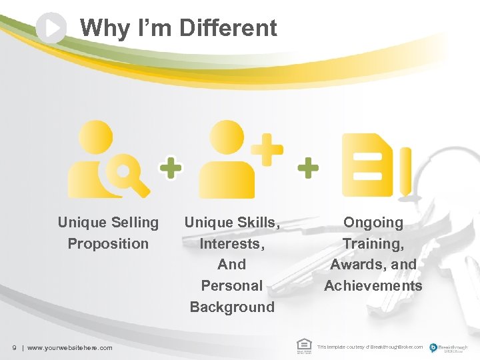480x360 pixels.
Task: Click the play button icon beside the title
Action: click(51, 28)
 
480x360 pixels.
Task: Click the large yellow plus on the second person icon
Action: click(267, 148)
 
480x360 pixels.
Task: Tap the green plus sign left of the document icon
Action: click(307, 168)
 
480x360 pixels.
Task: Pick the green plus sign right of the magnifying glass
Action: click(171, 168)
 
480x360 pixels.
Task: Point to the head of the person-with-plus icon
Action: click(226, 136)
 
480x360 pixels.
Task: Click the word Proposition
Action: click(108, 243)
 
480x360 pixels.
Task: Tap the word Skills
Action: click(257, 222)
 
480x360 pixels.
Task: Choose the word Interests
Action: click(232, 243)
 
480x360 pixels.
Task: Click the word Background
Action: click(232, 307)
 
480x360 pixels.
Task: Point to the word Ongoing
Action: click(373, 222)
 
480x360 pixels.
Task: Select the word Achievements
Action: click(373, 285)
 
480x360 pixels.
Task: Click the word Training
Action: click(373, 243)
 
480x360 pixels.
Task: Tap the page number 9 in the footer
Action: click(14, 347)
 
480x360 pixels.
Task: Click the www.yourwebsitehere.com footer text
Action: click(69, 347)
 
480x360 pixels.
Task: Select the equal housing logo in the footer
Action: click(303, 345)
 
